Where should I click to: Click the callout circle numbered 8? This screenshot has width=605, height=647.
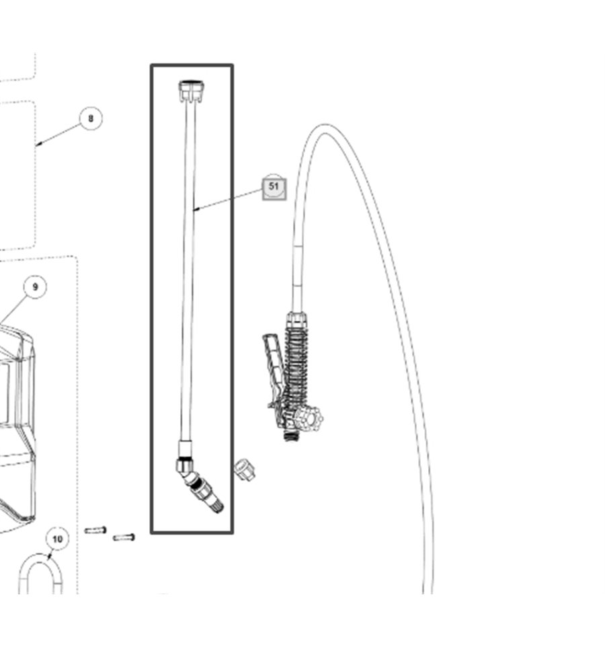91,118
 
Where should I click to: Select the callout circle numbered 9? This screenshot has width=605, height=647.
35,287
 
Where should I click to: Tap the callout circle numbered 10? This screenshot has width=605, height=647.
57,539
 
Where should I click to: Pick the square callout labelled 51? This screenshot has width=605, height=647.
274,188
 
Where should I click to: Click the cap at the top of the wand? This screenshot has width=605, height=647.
192,91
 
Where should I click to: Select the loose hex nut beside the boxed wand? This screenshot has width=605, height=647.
244,469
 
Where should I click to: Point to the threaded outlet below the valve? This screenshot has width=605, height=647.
292,436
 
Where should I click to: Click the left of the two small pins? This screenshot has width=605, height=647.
95,530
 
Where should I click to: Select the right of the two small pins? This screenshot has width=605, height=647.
124,537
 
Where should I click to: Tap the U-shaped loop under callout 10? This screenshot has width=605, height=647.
40,574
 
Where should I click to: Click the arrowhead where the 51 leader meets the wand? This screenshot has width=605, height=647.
196,210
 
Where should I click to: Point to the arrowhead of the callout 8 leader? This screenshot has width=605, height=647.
38,144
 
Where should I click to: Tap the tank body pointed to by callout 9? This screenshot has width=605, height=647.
17,425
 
